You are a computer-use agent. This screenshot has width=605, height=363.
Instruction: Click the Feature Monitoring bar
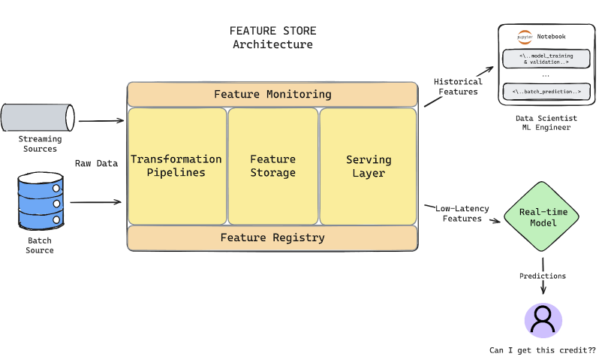coord(272,95)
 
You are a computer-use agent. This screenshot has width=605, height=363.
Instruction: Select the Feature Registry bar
coord(272,237)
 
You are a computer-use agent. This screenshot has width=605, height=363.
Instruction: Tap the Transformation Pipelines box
coord(176,166)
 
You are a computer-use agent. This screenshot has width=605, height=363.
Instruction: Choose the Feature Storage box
coord(272,166)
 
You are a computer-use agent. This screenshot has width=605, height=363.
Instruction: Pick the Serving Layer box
coord(368,166)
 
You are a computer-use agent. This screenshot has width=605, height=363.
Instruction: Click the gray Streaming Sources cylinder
coord(38,117)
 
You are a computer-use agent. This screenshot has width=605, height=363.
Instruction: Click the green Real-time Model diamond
coord(543,217)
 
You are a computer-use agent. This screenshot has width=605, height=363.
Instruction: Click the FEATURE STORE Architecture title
coord(272,38)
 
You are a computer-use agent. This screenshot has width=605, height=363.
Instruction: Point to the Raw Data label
coord(96,163)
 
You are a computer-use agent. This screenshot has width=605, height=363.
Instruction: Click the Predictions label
coord(543,276)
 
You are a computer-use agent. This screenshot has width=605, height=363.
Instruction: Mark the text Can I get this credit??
coord(543,350)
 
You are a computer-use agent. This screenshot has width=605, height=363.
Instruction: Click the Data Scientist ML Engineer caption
coord(546,123)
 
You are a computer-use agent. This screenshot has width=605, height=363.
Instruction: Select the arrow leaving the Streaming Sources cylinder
coord(101,120)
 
